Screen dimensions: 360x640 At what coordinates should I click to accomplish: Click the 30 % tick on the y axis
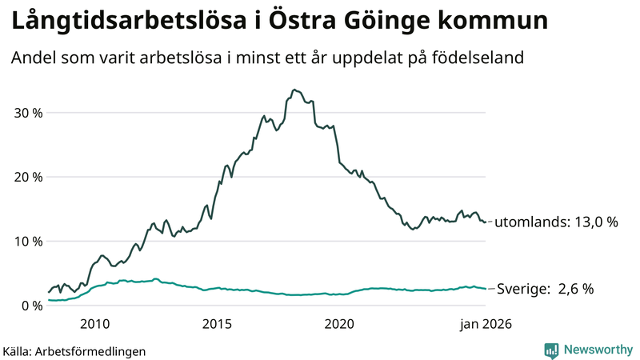(x=27, y=113)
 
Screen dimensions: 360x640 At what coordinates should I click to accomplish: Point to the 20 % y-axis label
(x=27, y=177)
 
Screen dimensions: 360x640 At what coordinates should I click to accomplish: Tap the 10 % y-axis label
(x=27, y=241)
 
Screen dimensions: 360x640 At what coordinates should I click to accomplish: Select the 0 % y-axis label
(x=31, y=306)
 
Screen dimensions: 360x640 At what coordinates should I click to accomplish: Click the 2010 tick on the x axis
(x=94, y=324)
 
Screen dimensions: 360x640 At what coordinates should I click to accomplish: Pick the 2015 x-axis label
(x=217, y=324)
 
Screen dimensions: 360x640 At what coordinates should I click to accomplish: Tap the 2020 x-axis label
(x=339, y=324)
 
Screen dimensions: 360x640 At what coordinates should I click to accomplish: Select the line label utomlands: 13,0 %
(x=556, y=222)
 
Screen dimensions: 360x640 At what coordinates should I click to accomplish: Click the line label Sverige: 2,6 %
(x=545, y=289)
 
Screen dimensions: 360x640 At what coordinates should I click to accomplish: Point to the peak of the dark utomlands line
(x=294, y=90)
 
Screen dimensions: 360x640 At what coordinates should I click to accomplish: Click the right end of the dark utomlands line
(x=485, y=222)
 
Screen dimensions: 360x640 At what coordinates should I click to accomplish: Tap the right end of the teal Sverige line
(x=485, y=289)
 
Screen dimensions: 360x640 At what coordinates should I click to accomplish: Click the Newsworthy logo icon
(x=551, y=350)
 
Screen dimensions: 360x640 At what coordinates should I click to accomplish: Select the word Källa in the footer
(x=17, y=351)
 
